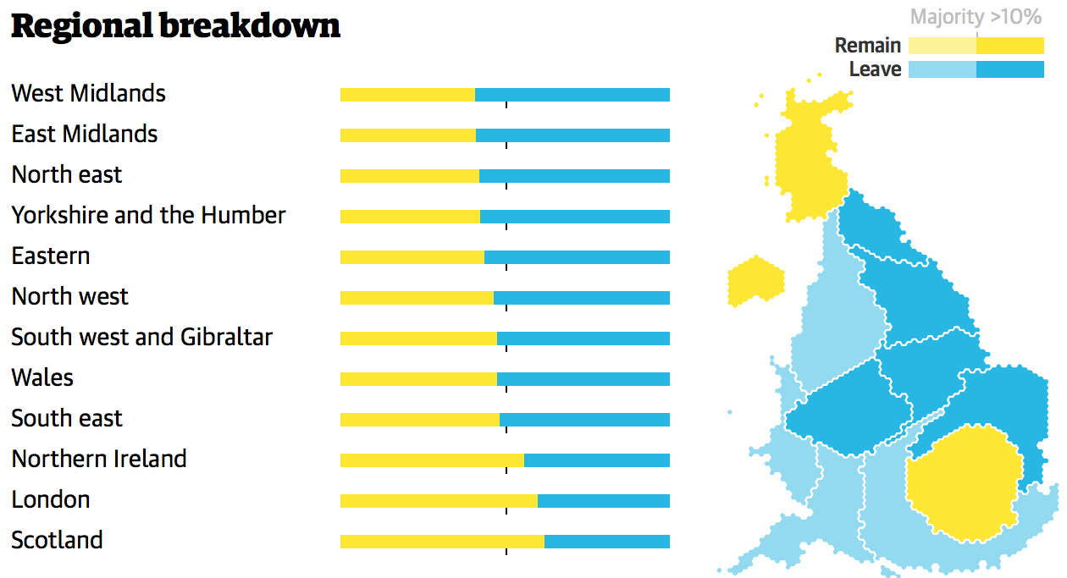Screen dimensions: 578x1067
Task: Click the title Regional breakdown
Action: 175,26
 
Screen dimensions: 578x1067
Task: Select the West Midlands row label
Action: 88,93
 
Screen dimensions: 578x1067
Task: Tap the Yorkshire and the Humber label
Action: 148,215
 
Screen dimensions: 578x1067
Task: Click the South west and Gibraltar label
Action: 141,337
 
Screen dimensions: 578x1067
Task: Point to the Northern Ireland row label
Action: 98,459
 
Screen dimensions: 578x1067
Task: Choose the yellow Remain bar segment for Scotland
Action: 442,542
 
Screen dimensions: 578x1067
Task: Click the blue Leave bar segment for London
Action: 603,501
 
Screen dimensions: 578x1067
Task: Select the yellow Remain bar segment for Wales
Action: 418,379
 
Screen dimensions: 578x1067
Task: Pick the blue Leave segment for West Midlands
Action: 572,95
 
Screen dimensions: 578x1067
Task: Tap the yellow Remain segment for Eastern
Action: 412,257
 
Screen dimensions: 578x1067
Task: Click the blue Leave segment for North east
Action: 574,176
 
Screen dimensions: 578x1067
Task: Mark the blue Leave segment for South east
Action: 584,420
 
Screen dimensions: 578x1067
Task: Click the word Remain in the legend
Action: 867,46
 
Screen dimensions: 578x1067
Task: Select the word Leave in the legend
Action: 875,69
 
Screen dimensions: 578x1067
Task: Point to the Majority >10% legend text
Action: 976,17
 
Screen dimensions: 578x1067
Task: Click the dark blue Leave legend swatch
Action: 1009,69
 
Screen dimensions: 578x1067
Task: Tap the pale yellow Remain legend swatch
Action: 942,46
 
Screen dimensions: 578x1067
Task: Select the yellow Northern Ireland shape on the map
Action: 755,281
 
